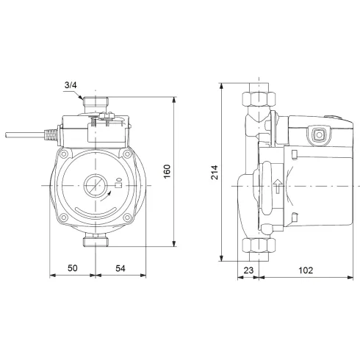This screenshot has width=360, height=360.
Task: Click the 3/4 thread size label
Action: click(x=71, y=86)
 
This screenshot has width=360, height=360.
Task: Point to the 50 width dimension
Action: click(x=72, y=269)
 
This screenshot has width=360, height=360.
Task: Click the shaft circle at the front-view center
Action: click(x=94, y=184)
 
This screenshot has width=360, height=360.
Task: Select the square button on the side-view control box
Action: click(x=318, y=134)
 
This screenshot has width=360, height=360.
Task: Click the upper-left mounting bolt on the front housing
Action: click(x=64, y=155)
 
